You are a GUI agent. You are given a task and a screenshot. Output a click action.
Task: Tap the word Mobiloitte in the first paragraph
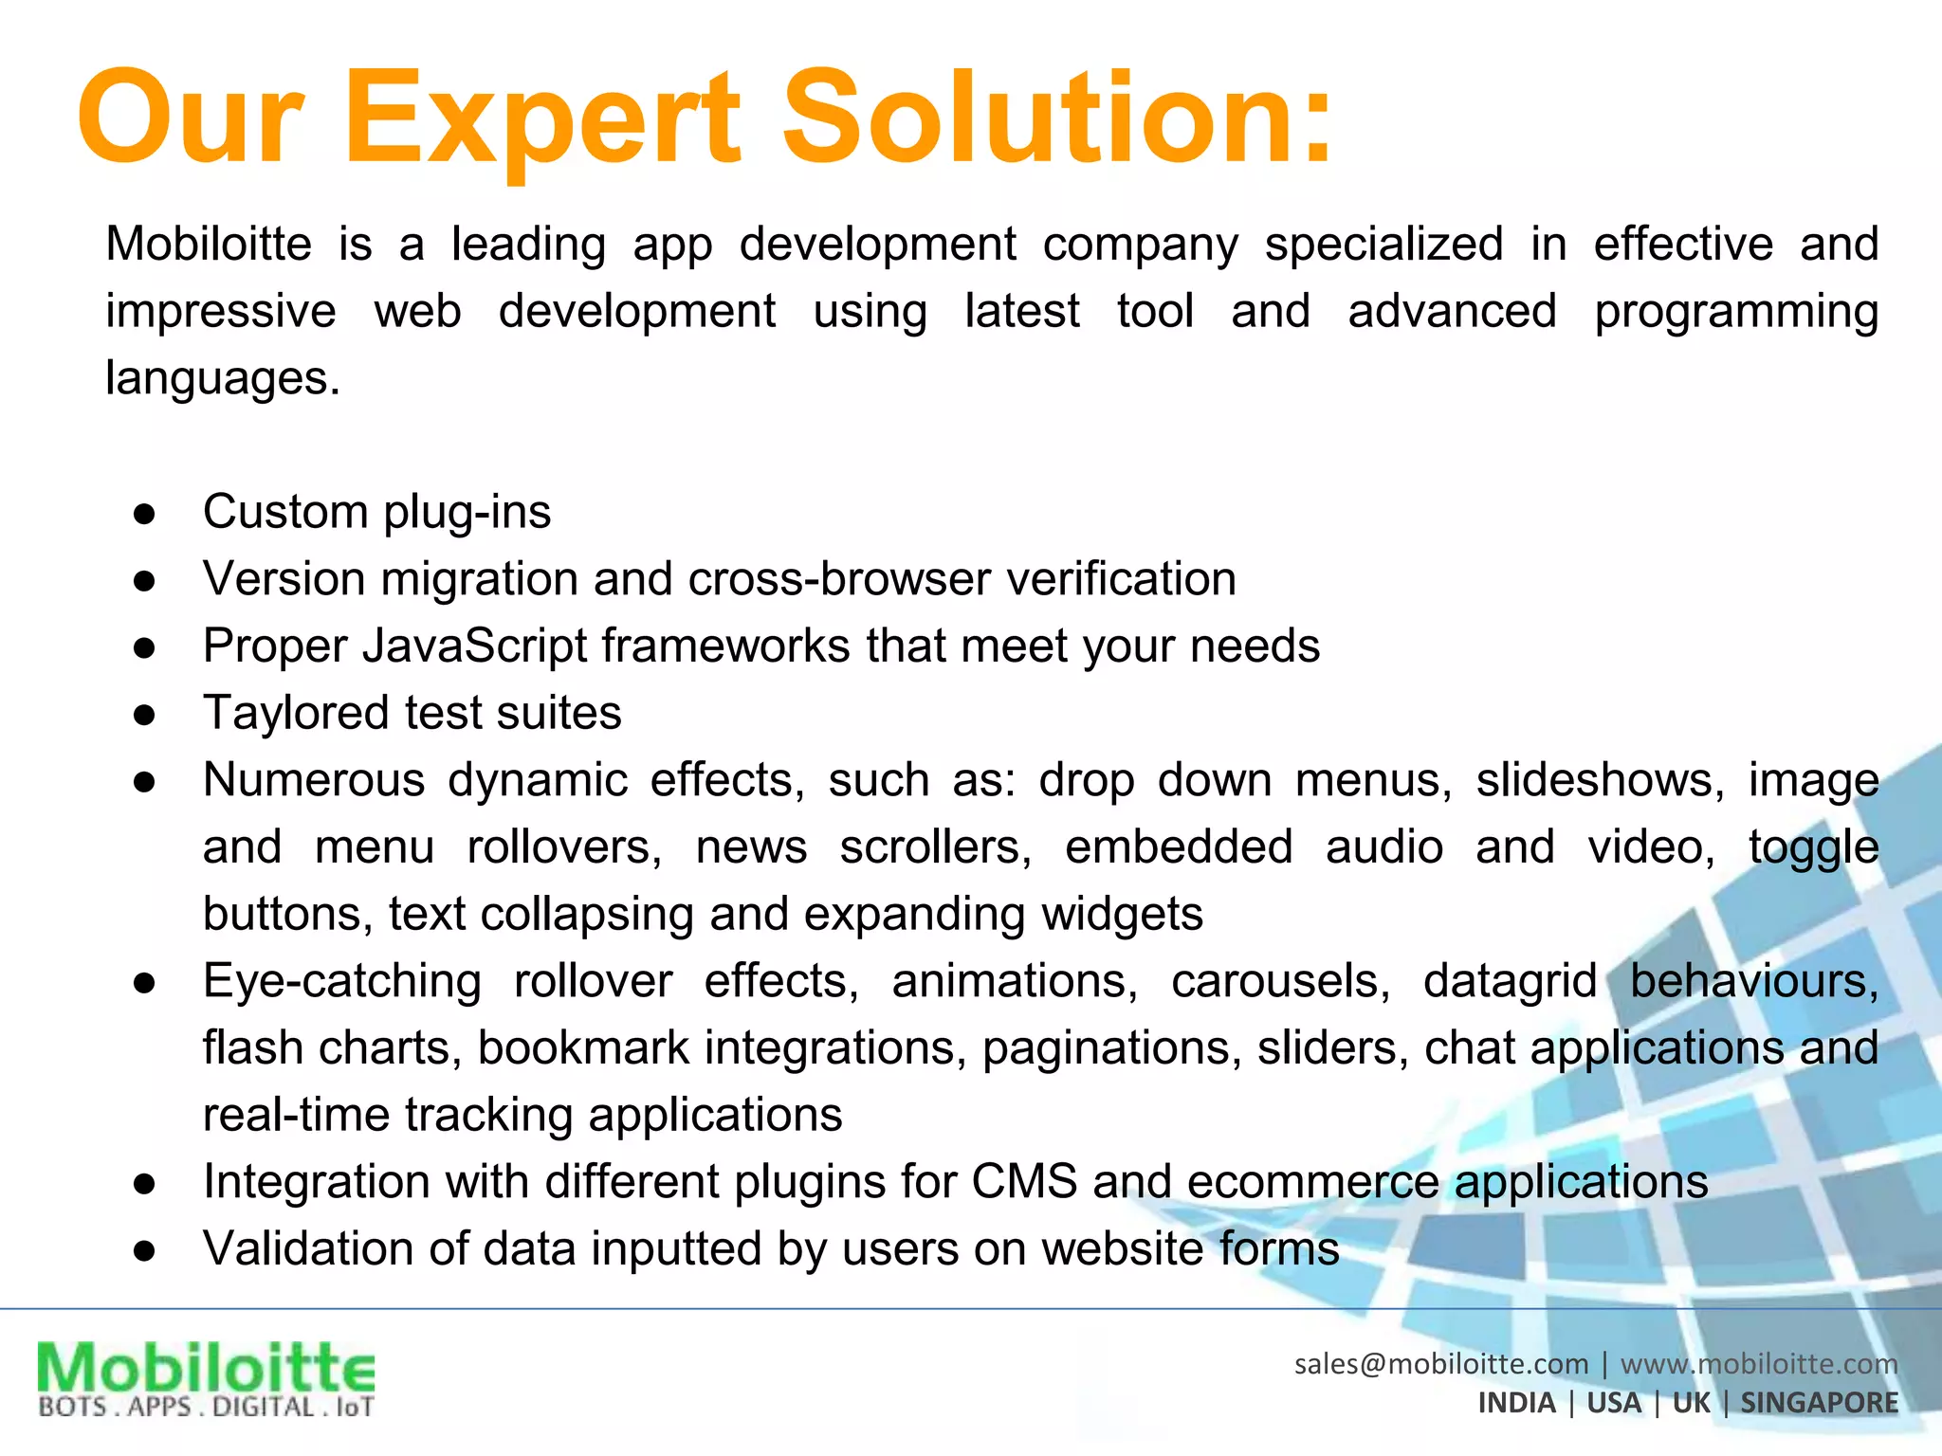pos(209,245)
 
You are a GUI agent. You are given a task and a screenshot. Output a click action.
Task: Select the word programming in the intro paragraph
pos(1735,313)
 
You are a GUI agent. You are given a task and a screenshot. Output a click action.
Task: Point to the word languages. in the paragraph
pos(222,379)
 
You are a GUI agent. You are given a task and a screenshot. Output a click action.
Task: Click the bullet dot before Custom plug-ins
pos(144,514)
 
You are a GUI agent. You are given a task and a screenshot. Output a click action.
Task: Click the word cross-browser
pos(838,579)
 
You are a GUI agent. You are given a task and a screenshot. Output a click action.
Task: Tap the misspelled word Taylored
pos(296,713)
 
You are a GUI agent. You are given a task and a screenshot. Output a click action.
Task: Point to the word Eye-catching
pos(341,982)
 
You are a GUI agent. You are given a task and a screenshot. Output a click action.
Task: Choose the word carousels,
pos(1280,981)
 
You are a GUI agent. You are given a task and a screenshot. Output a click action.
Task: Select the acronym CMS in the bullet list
pos(1024,1182)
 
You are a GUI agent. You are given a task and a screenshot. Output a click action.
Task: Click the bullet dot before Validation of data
pos(144,1251)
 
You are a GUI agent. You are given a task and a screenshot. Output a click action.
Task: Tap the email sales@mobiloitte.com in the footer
pos(1440,1364)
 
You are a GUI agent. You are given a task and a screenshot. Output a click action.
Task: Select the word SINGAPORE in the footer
pos(1819,1403)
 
